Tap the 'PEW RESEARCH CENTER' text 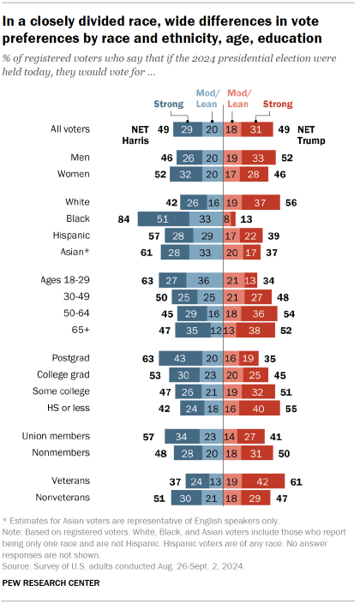(x=51, y=583)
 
